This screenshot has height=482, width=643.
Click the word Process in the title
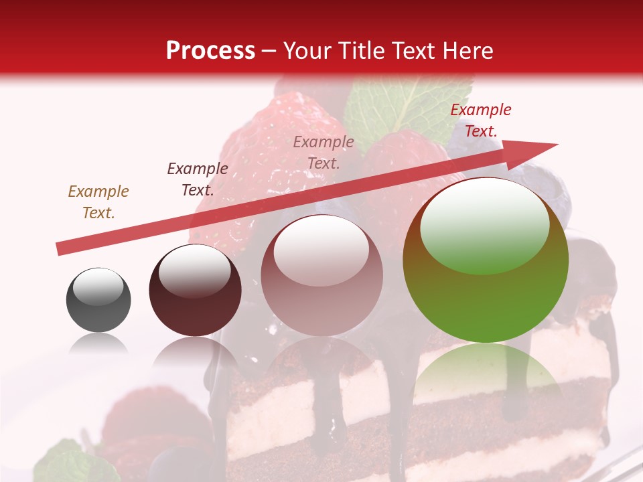point(210,51)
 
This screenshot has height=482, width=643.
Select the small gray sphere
point(98,300)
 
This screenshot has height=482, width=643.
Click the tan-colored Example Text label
point(98,202)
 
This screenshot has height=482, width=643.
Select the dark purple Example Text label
point(198,179)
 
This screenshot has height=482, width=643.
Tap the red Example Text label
point(481,120)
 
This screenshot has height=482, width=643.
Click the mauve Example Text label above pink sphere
point(324,152)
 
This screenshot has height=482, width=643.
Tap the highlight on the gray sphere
point(98,287)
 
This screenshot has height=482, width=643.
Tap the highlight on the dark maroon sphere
point(194,270)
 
